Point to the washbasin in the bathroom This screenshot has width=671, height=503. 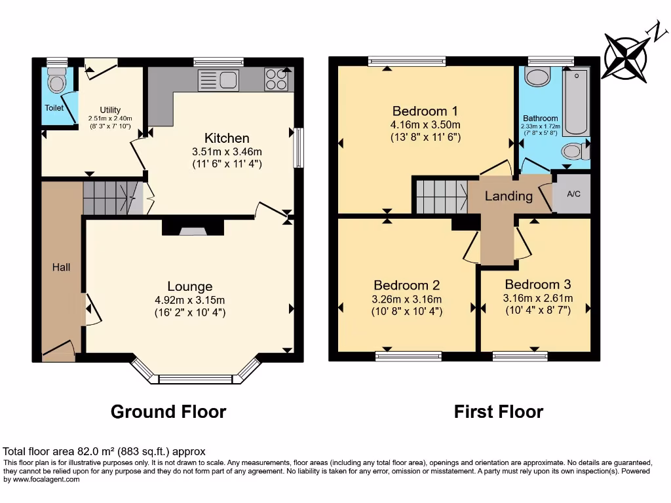[538, 77]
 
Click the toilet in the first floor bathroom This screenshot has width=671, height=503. [574, 151]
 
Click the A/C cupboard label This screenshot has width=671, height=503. [573, 195]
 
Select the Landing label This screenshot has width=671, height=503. [508, 196]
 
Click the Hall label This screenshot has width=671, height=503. [62, 267]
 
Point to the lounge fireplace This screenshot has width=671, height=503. [193, 229]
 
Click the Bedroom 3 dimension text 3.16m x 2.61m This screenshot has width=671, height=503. [538, 299]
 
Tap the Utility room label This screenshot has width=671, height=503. [110, 109]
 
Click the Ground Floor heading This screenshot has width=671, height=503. [168, 412]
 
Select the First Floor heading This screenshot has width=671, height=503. [499, 412]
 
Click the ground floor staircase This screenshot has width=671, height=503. [111, 197]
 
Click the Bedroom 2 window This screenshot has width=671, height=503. [408, 356]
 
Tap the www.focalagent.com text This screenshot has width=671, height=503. [45, 479]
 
